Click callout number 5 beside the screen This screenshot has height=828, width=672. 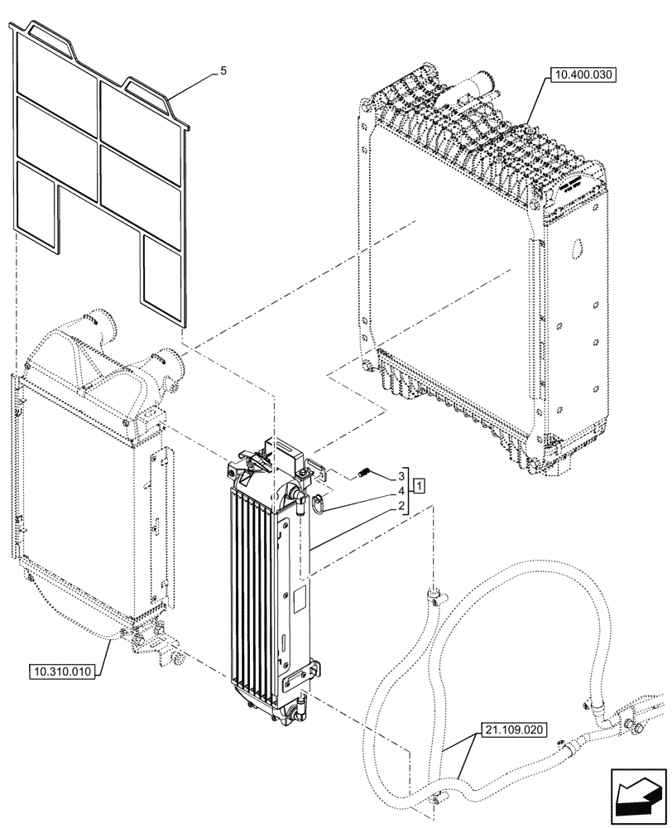(x=223, y=73)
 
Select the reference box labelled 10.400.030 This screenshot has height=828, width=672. (x=583, y=75)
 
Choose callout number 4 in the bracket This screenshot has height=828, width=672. (x=401, y=491)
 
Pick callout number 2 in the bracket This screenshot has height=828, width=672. (x=401, y=506)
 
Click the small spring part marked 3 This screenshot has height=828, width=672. (x=362, y=472)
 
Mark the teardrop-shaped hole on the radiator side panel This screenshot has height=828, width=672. (x=576, y=248)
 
